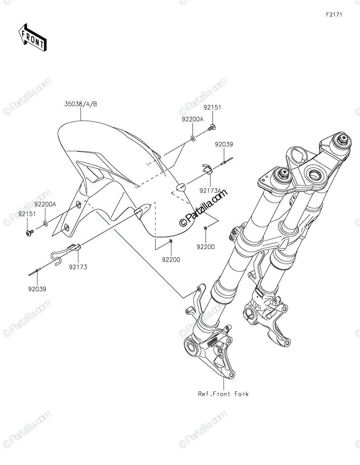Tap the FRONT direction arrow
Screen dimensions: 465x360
[x=33, y=38]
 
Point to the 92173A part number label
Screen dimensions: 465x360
[x=210, y=190]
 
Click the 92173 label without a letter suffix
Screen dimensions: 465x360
[x=78, y=267]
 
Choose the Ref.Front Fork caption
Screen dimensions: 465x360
[x=223, y=394]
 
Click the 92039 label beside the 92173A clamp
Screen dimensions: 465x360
[x=224, y=144]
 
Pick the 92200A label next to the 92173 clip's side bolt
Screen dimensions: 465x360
[x=45, y=204]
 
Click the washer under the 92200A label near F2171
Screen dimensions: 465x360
[x=193, y=138]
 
